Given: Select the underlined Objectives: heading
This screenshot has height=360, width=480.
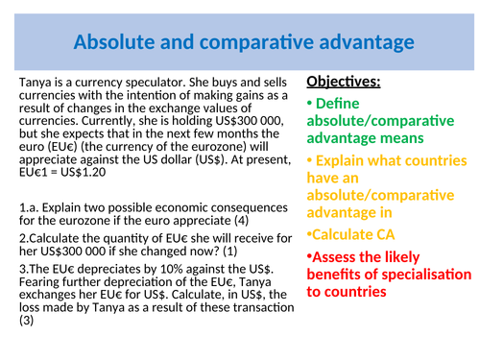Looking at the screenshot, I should [343, 83].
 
